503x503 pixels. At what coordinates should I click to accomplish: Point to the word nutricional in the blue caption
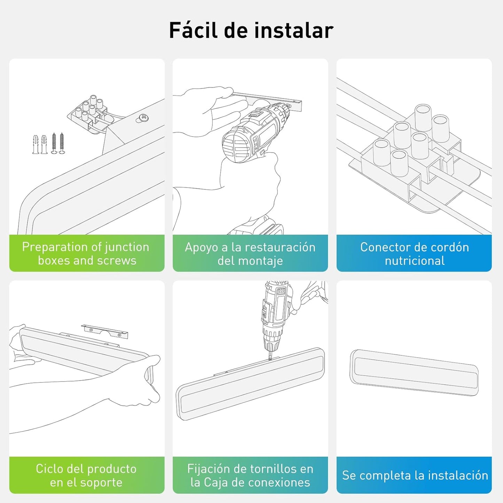(415, 260)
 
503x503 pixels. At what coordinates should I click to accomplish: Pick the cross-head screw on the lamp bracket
(143, 117)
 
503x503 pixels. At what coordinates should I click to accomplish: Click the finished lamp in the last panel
(414, 372)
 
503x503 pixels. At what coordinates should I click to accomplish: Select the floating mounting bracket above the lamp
(104, 331)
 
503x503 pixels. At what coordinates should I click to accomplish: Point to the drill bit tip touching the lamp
(270, 359)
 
